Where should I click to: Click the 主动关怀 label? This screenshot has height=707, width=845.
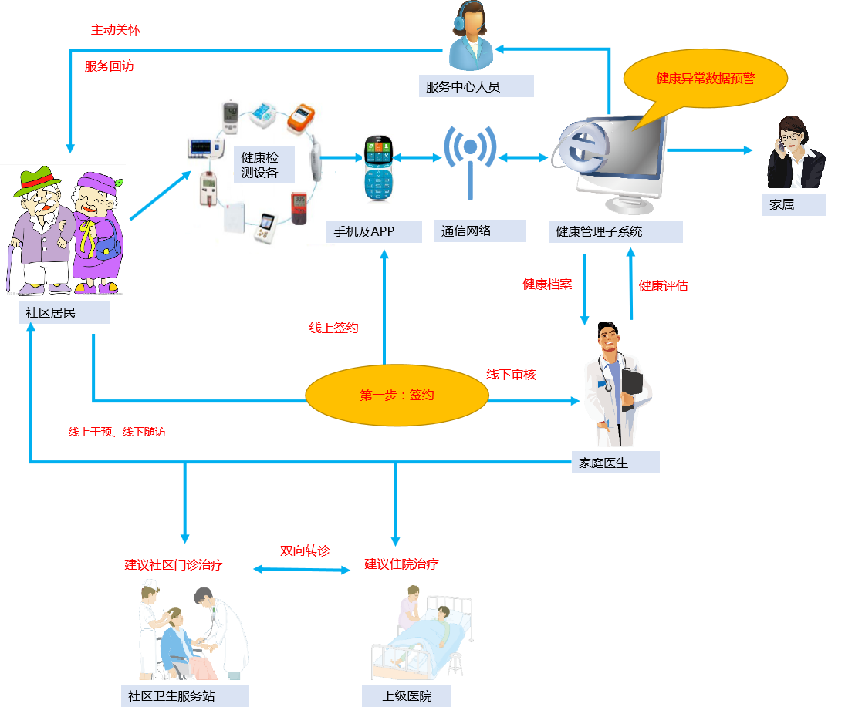click(116, 30)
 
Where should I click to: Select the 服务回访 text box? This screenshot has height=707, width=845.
click(110, 66)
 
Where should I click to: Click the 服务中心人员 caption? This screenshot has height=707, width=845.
click(463, 86)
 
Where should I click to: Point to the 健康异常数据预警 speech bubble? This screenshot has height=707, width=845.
click(705, 79)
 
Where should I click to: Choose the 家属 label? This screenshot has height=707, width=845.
click(782, 205)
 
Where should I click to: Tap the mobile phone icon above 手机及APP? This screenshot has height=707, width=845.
click(378, 169)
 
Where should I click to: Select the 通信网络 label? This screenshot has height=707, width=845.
click(466, 231)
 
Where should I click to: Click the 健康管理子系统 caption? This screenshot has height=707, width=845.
click(599, 231)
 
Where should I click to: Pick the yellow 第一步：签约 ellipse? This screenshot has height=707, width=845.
click(397, 396)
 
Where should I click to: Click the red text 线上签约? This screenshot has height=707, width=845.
click(334, 328)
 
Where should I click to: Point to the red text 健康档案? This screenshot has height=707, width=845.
click(547, 284)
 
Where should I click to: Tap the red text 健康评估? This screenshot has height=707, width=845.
click(663, 286)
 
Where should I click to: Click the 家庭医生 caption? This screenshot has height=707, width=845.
click(604, 463)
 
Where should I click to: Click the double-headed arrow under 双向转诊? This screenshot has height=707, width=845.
click(302, 569)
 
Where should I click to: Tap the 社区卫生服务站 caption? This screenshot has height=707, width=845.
click(171, 696)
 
